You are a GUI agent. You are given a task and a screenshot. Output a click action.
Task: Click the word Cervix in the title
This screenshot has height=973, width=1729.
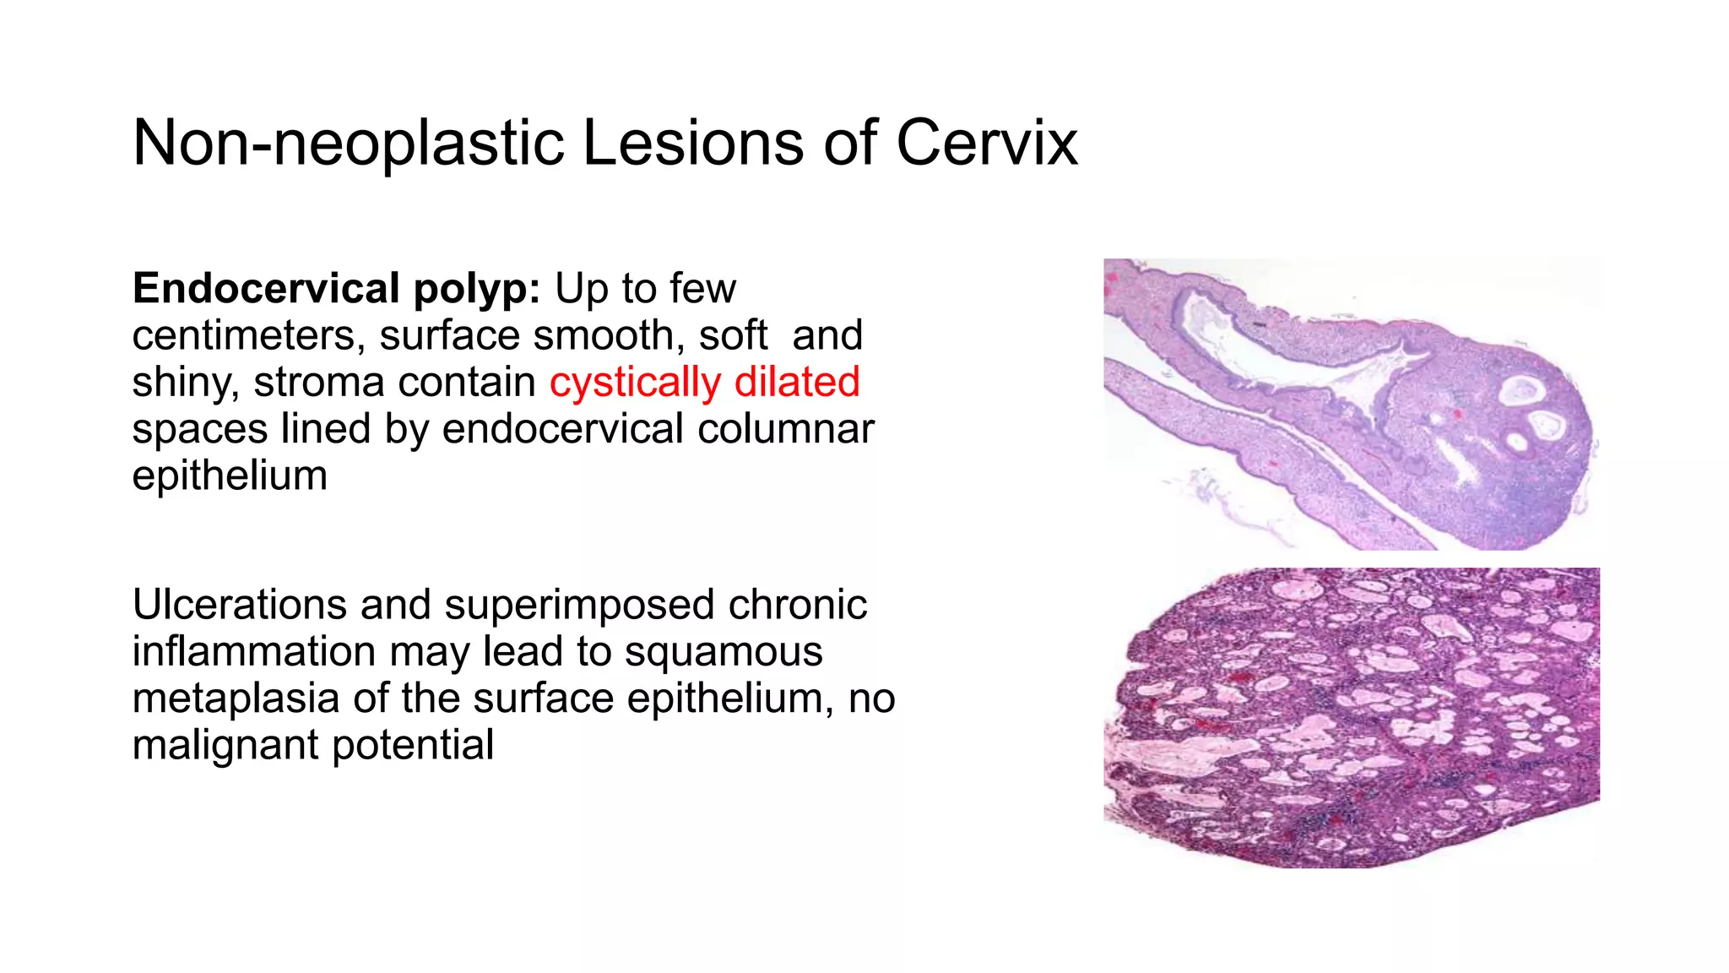point(986,143)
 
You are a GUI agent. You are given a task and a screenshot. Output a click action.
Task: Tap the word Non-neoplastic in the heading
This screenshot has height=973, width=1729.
point(349,143)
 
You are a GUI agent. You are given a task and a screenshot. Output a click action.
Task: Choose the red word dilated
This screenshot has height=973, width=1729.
point(797,382)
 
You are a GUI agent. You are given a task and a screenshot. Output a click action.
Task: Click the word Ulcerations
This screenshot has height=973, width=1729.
point(240,605)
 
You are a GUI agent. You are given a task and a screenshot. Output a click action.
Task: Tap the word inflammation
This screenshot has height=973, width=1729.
point(254,652)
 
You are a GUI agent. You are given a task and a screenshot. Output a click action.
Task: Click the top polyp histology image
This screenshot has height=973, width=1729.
point(1351,404)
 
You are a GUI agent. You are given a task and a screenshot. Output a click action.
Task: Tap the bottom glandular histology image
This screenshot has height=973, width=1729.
point(1351,717)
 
